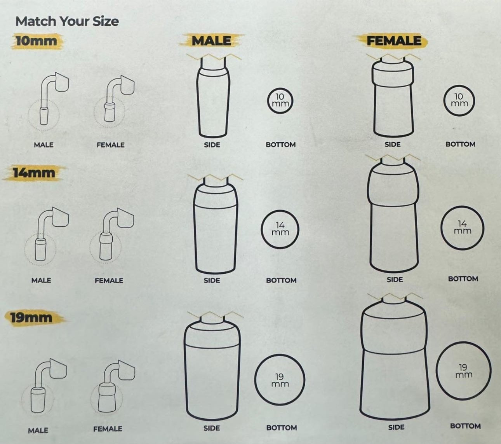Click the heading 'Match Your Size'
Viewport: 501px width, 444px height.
[x=67, y=21]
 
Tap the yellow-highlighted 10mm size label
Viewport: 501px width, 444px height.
[x=37, y=41]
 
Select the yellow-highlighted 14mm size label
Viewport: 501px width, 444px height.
[x=34, y=173]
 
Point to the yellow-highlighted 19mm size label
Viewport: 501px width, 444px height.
[x=31, y=318]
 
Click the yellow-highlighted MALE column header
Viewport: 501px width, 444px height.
[x=212, y=41]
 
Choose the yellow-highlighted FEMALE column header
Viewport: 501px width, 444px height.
[x=394, y=41]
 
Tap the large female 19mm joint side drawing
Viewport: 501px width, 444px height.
[x=395, y=359]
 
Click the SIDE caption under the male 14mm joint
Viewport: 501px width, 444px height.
[x=212, y=280]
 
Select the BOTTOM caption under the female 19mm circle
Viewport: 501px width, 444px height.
[x=465, y=426]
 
